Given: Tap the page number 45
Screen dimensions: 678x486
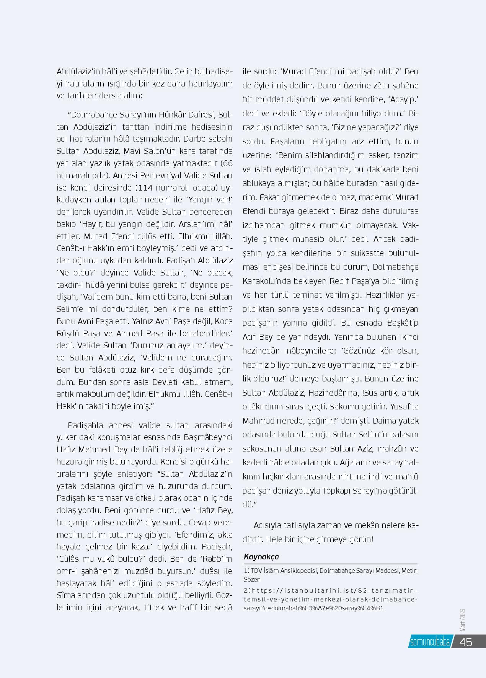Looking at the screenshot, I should pos(466,642).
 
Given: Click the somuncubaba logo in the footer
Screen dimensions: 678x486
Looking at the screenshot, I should pos(429,642).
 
